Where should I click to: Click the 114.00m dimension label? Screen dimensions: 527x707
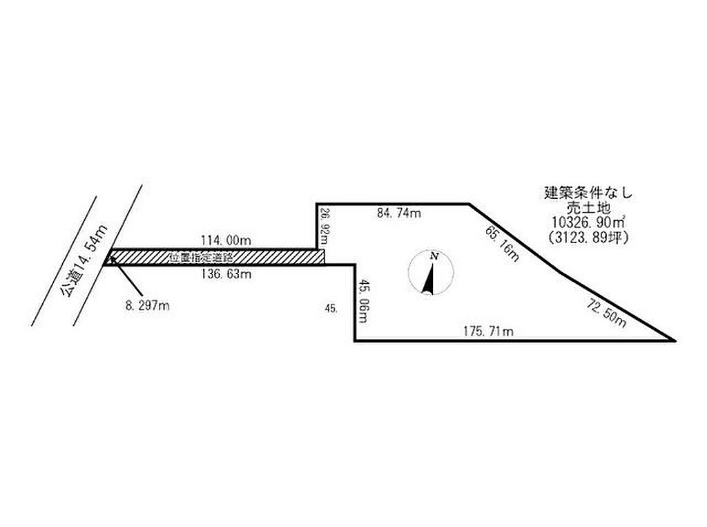click(x=225, y=240)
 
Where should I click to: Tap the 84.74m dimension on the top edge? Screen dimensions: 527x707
click(x=398, y=213)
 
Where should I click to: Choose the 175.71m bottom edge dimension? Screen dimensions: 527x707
click(x=487, y=332)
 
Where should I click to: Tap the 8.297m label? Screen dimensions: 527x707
click(x=148, y=305)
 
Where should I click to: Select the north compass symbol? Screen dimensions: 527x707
click(x=429, y=273)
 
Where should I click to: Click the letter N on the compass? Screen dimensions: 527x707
click(x=434, y=256)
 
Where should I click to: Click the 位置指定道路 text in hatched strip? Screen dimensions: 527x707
click(x=200, y=257)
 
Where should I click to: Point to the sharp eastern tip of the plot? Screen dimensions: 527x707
click(x=672, y=340)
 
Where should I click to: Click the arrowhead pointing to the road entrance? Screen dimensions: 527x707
click(x=111, y=260)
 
